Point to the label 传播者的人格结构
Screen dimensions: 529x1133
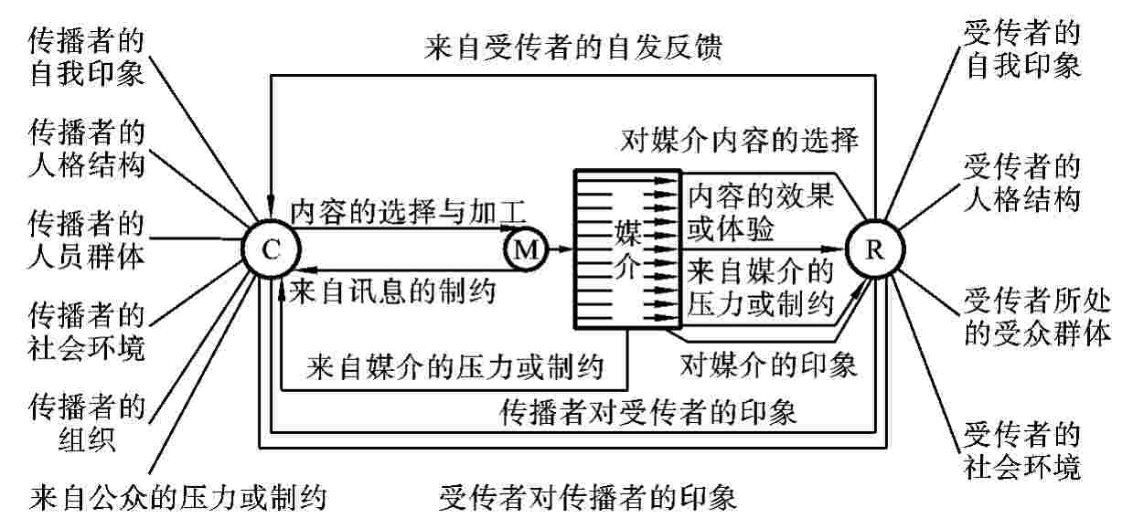coord(86,149)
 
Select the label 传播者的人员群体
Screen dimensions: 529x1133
coord(86,238)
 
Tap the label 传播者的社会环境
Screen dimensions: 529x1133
coord(86,330)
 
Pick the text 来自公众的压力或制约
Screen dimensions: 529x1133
coord(178,498)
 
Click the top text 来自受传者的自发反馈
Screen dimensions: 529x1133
coord(574,47)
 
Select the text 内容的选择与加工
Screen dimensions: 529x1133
coord(408,211)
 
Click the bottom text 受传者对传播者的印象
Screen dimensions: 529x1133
coord(587,498)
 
